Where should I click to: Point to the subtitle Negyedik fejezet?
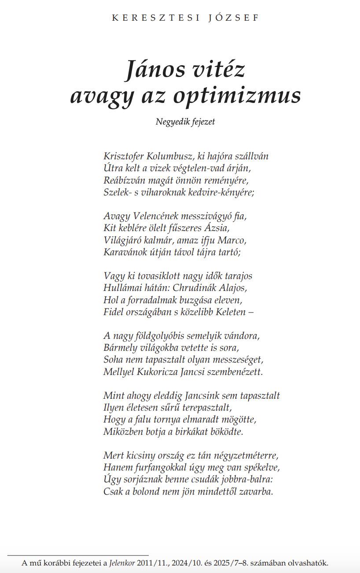click(185, 122)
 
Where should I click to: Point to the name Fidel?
click(113, 312)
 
